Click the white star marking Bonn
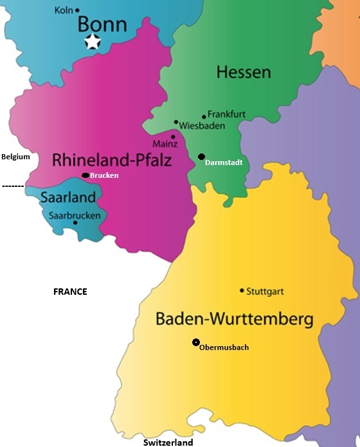93,42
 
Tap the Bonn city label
102,24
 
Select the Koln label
63,10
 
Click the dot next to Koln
78,10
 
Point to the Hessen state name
243,72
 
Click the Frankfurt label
226,114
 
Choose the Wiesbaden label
202,126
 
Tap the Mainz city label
165,144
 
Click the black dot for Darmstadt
201,157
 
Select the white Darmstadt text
223,163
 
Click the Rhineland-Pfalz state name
112,159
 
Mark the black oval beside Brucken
85,175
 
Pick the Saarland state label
67,197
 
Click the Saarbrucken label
75,215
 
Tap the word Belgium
15,157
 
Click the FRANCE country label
69,292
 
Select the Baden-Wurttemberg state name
234,319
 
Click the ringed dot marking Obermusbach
195,342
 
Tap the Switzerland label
168,443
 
